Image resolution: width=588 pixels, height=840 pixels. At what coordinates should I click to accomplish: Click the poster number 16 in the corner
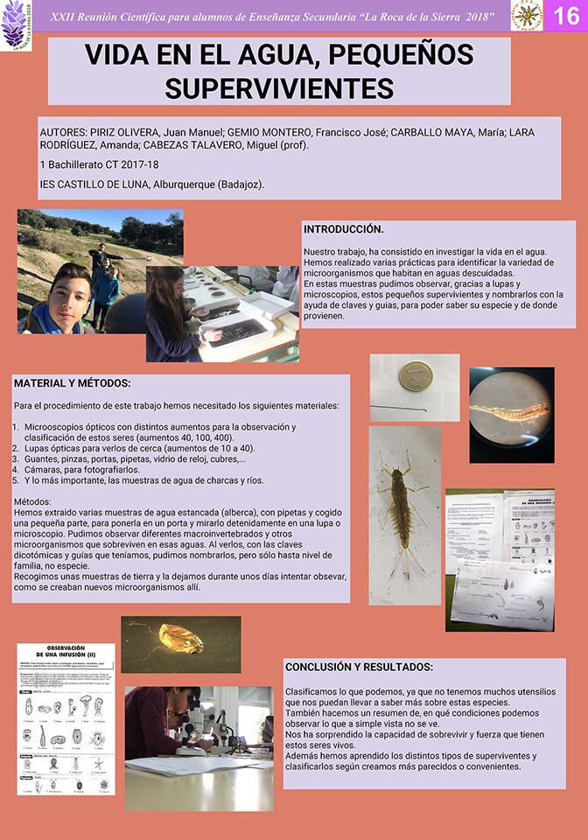pyautogui.click(x=567, y=16)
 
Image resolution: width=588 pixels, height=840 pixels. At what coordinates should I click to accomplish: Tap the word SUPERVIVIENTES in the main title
pyautogui.click(x=279, y=87)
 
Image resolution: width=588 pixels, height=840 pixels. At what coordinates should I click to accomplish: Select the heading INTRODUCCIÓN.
pyautogui.click(x=343, y=229)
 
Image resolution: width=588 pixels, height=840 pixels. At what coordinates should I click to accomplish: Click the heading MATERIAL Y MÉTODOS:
pyautogui.click(x=73, y=383)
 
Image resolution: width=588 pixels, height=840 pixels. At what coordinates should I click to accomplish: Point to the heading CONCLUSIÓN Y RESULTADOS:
pyautogui.click(x=359, y=668)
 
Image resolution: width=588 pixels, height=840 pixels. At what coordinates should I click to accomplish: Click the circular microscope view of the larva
pyautogui.click(x=511, y=414)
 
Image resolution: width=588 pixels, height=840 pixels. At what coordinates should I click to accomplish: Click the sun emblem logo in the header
pyautogui.click(x=527, y=16)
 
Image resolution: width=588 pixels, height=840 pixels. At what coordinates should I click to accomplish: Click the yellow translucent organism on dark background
pyautogui.click(x=182, y=640)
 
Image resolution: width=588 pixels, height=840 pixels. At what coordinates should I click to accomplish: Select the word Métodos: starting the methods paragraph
pyautogui.click(x=33, y=501)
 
